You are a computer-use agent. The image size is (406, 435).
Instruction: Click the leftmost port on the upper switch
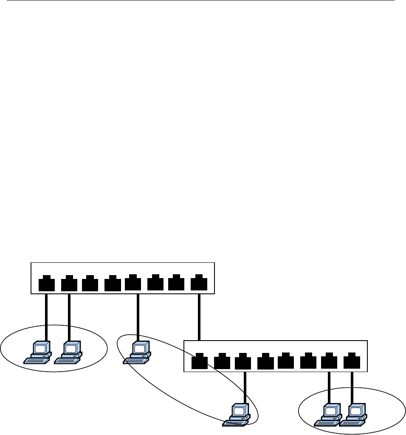point(46,284)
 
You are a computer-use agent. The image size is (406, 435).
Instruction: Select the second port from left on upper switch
point(69,284)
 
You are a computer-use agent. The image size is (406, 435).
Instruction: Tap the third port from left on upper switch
point(90,284)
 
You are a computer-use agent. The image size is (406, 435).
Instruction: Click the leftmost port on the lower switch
point(199,361)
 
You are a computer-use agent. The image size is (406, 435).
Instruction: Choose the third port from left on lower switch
point(242,361)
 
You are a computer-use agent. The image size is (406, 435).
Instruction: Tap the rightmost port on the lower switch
point(352,361)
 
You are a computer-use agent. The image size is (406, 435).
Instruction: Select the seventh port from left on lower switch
point(329,361)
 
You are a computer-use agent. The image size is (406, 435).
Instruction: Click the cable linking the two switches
point(199,317)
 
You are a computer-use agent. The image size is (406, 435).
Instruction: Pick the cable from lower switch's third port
point(245,387)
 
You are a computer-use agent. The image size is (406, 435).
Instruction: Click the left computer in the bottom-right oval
point(328,415)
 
